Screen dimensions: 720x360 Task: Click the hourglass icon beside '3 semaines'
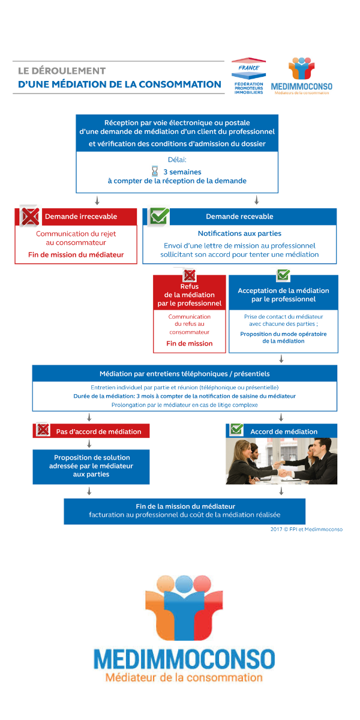click(x=155, y=171)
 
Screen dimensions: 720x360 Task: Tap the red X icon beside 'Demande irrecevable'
click(x=29, y=215)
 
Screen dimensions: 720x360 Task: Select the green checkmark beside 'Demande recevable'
click(x=159, y=215)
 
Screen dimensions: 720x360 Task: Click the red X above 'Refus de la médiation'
click(x=190, y=275)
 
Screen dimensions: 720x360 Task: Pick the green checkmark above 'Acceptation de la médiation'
click(x=283, y=275)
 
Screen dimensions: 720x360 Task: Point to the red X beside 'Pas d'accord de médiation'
click(x=43, y=430)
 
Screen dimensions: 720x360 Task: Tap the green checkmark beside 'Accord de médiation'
click(x=236, y=430)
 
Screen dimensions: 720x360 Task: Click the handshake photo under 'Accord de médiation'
click(x=281, y=461)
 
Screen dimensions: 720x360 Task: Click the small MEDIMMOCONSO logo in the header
click(x=301, y=76)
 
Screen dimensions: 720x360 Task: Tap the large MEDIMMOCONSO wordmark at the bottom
click(x=184, y=659)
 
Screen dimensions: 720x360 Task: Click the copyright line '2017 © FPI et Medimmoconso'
click(x=306, y=529)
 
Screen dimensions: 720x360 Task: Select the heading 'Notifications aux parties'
click(x=239, y=233)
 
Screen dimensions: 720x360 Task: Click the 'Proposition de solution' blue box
click(x=91, y=466)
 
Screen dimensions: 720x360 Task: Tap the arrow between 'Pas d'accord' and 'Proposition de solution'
click(x=89, y=444)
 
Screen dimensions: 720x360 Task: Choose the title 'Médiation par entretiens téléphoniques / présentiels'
click(x=184, y=374)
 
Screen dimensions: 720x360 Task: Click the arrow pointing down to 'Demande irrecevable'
click(x=96, y=200)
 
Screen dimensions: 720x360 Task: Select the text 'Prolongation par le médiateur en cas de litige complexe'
click(x=184, y=405)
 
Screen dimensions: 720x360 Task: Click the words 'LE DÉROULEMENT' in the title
click(x=62, y=71)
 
